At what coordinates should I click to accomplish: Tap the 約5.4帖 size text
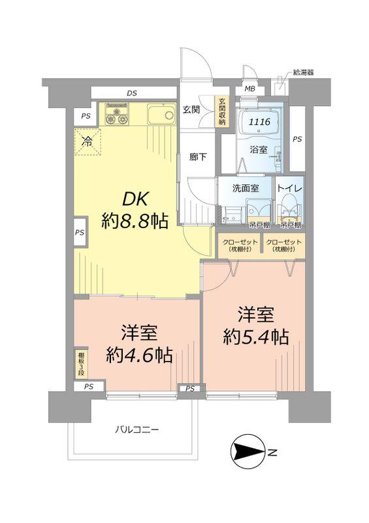[255, 337]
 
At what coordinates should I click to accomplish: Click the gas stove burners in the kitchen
[116, 115]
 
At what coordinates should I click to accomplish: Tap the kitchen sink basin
[159, 116]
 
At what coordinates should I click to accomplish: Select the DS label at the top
[132, 93]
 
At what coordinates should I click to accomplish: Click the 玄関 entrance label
[191, 109]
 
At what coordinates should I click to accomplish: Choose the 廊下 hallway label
[198, 157]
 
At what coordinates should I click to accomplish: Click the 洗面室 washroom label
[246, 188]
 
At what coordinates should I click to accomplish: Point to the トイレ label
[289, 187]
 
